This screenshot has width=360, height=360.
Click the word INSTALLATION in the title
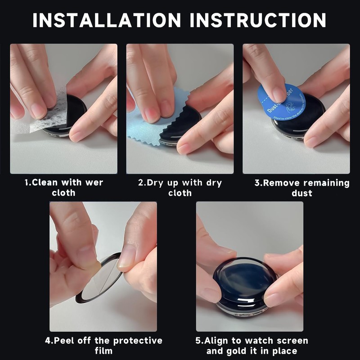point(107,20)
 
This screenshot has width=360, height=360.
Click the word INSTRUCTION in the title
point(258,20)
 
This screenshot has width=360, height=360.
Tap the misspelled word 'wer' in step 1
point(94,183)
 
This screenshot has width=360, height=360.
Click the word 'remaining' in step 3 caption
point(328,183)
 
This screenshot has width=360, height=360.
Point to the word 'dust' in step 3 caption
point(301,193)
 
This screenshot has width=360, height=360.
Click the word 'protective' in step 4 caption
point(138,341)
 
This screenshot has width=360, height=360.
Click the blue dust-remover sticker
point(282,102)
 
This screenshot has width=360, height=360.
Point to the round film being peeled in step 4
point(101,279)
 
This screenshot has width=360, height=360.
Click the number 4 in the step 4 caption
point(48,341)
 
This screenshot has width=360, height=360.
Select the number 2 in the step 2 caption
point(141,183)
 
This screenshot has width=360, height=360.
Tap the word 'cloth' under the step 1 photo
point(63,193)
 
